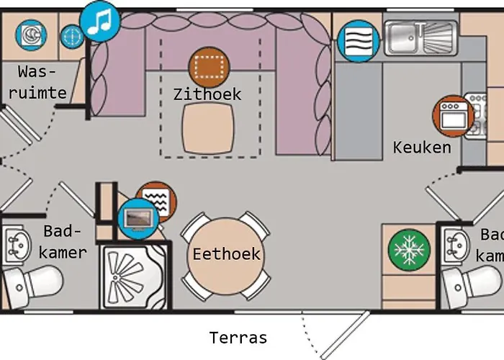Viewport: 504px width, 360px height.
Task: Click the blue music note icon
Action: [x=99, y=21]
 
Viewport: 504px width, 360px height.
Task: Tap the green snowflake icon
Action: [x=409, y=250]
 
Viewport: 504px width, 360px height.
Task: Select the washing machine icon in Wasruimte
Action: [x=31, y=35]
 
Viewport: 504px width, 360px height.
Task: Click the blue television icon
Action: [x=138, y=219]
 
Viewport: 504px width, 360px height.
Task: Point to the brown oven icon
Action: [x=453, y=116]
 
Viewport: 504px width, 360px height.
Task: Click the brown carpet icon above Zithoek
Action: [x=209, y=68]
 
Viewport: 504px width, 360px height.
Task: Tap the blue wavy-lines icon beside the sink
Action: [x=358, y=41]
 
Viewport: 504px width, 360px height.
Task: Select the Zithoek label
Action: [x=207, y=94]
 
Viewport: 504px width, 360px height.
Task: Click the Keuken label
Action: [x=422, y=148]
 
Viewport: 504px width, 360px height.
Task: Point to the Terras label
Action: [x=238, y=338]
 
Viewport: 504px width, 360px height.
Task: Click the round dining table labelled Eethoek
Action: [x=226, y=256]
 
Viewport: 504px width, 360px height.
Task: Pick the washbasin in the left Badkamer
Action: [x=17, y=246]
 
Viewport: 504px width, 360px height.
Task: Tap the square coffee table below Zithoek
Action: [x=208, y=128]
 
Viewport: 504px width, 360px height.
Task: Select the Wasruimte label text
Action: [x=37, y=82]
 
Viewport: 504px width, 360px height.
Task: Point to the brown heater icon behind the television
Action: [x=157, y=200]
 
